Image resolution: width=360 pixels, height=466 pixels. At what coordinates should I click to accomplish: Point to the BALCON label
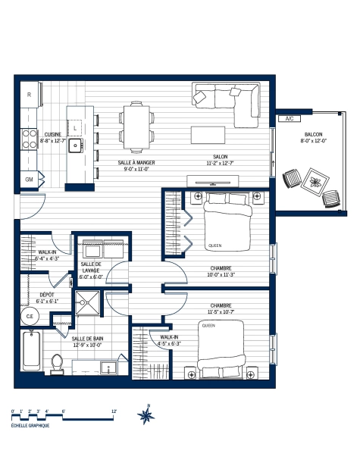(x=313, y=137)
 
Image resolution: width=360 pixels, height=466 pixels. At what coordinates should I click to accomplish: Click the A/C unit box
(x=290, y=119)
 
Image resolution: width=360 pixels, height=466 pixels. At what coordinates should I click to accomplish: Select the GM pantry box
(x=30, y=180)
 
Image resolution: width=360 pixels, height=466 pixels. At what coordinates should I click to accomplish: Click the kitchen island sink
(x=76, y=144)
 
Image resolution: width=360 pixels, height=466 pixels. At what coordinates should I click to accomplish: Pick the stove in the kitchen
(x=30, y=137)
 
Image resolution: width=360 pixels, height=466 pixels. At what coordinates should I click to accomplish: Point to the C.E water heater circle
(x=31, y=316)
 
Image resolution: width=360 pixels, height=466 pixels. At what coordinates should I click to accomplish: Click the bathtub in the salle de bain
(x=32, y=351)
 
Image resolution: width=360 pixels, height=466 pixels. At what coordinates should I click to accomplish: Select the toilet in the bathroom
(x=55, y=364)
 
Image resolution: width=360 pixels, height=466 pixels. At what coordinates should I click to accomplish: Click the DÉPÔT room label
(x=35, y=297)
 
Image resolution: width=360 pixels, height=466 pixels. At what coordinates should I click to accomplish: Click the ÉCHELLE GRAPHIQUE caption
(x=30, y=426)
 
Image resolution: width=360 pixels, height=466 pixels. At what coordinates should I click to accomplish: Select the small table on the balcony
(x=313, y=184)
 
